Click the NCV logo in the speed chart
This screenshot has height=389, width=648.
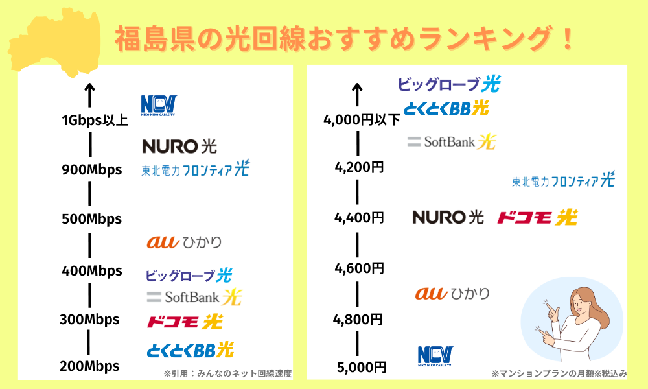click(159, 106)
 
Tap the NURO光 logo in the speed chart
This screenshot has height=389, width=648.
click(179, 147)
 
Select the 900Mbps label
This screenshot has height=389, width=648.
click(92, 170)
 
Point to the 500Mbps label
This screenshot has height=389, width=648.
click(92, 218)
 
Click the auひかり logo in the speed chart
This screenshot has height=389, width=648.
click(184, 242)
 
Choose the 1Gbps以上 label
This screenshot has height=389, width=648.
click(95, 121)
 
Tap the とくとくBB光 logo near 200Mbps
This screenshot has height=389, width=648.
click(191, 350)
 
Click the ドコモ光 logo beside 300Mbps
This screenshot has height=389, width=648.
click(185, 322)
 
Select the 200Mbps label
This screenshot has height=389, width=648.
click(89, 366)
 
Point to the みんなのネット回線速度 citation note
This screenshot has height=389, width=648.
click(227, 373)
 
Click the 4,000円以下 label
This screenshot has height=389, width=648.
click(362, 121)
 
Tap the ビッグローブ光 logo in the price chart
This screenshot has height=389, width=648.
click(449, 84)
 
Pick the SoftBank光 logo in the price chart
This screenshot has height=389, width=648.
click(451, 142)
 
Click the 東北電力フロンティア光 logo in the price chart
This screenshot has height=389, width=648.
click(564, 180)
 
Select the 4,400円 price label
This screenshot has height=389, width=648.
click(359, 218)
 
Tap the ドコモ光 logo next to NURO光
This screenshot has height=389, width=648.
click(537, 217)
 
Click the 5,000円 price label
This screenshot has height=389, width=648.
click(362, 368)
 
